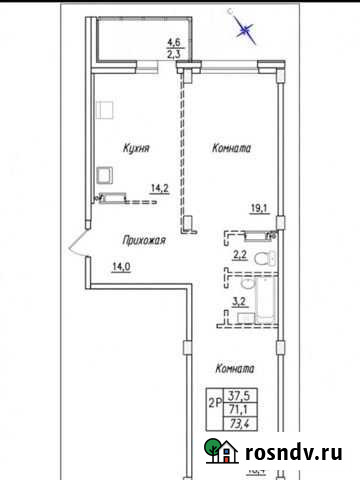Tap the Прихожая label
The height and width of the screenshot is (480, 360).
tap(143, 241)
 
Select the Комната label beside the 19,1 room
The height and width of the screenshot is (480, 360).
tap(231, 148)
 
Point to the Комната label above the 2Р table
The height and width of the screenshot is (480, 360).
tap(231, 368)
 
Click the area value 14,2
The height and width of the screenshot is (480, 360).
tap(159, 187)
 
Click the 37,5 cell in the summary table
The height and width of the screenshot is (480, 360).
tap(240, 395)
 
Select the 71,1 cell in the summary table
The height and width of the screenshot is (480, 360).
tap(240, 410)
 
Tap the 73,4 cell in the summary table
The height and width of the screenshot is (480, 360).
tap(240, 426)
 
